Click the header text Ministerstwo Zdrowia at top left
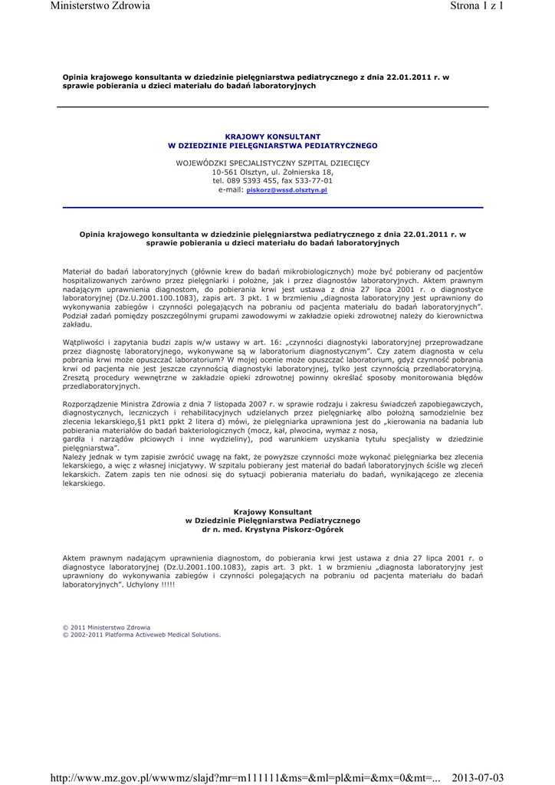coord(100,6)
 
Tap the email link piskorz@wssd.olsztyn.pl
coord(286,190)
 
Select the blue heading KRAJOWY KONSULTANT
coord(272,136)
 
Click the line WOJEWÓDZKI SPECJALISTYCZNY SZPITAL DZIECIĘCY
coord(272,163)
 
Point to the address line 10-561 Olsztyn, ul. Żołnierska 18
coord(272,172)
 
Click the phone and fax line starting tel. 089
coord(272,181)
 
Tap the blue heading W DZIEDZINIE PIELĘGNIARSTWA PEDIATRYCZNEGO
coord(272,146)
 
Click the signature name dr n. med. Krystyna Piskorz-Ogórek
coord(272,530)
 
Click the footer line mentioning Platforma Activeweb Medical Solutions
coord(141,635)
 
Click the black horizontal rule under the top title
coord(272,107)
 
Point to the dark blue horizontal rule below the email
coord(272,208)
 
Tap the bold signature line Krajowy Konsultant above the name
coord(272,511)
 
